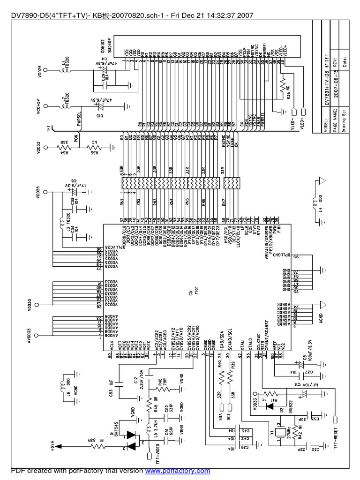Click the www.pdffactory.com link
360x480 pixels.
point(177,470)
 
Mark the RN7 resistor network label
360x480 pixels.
point(224,202)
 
